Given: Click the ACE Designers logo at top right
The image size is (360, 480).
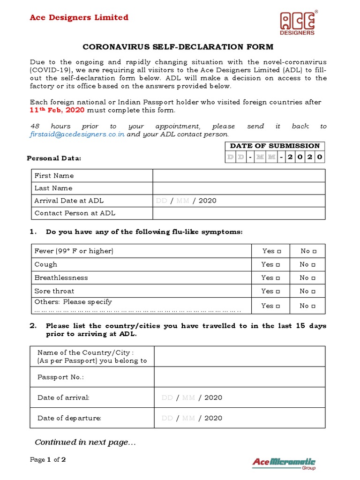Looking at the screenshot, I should [298, 23].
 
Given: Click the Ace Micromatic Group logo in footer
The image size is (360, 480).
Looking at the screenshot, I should [284, 463].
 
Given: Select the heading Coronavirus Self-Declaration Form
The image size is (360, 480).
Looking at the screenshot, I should [178, 47].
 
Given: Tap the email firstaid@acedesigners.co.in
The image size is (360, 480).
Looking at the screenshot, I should [77, 134].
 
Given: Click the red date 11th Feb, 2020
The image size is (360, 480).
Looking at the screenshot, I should [57, 110].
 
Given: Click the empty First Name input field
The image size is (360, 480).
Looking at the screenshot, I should [239, 176].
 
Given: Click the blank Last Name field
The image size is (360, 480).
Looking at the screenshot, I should [239, 188].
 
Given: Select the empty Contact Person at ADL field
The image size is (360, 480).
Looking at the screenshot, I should [239, 213].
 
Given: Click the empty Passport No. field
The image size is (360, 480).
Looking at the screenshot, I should [240, 377].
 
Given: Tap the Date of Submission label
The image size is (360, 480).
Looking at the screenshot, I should [275, 146].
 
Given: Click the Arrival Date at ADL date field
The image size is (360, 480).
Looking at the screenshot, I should [239, 201].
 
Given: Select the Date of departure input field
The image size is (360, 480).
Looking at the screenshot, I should [240, 418].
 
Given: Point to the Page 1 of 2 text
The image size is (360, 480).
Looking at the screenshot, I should [48, 460].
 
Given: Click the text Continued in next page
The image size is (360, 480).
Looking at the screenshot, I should [85, 442].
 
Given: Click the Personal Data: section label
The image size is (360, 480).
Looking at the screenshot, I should [54, 158].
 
